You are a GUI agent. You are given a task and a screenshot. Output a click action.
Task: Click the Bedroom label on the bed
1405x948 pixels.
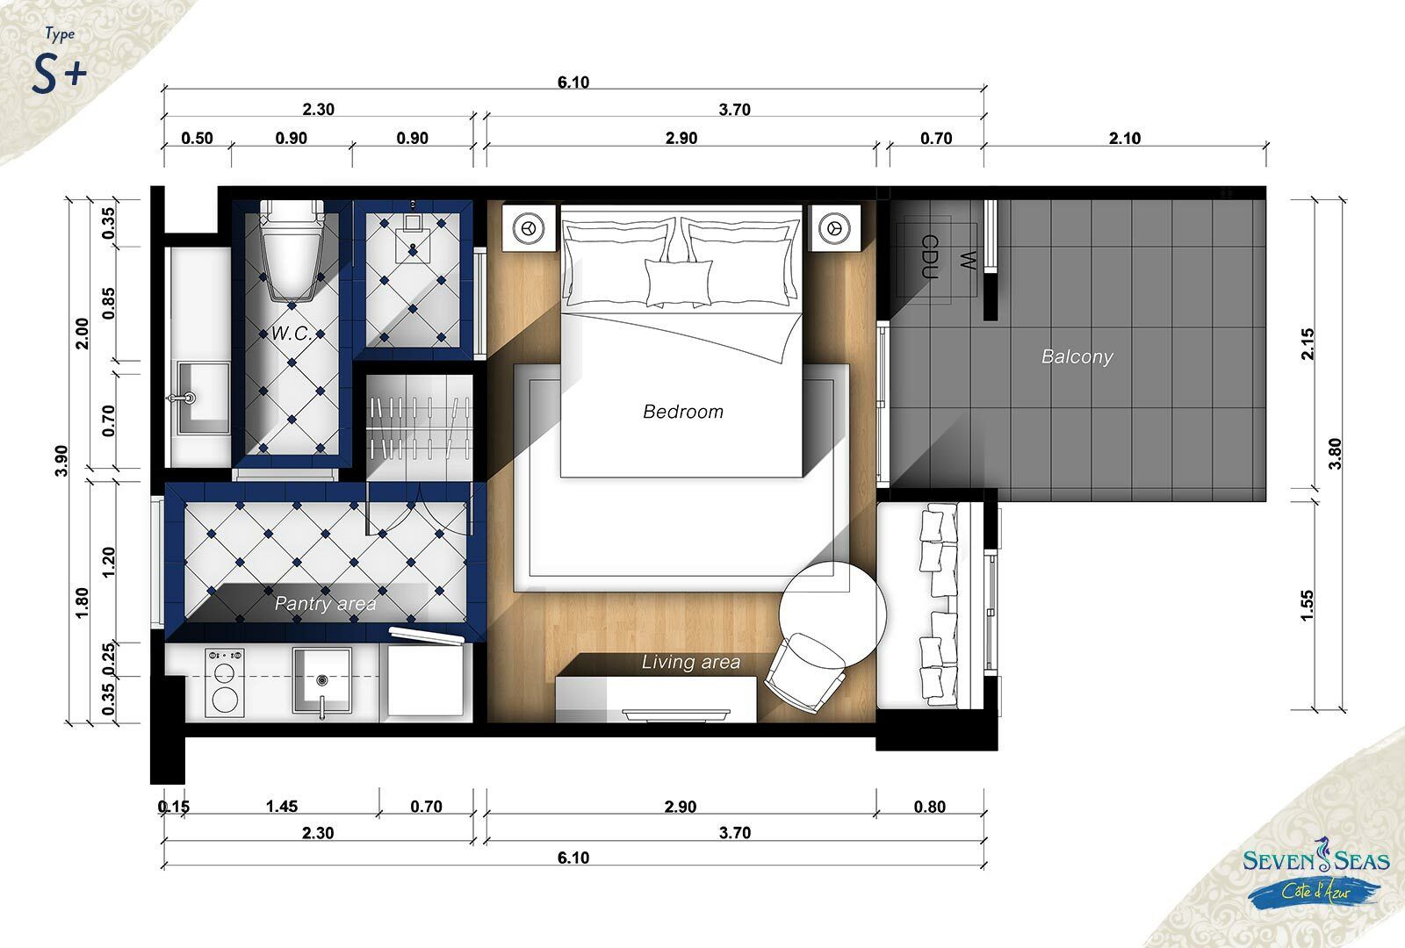(683, 412)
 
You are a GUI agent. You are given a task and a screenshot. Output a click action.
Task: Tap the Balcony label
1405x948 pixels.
(1077, 356)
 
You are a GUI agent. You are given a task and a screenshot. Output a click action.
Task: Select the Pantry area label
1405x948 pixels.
(326, 603)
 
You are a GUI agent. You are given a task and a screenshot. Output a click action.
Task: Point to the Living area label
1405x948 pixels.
(690, 662)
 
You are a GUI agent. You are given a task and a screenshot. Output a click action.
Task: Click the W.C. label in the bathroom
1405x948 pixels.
(292, 333)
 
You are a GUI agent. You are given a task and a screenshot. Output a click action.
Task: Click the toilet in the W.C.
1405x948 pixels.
(292, 250)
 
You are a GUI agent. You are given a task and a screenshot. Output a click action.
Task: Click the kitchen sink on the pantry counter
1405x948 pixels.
(321, 680)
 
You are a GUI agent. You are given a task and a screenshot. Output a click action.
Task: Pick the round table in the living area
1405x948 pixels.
(832, 614)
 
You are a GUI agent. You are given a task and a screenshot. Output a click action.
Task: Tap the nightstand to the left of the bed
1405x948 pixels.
(529, 228)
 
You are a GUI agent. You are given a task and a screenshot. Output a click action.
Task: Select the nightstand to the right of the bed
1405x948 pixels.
(834, 228)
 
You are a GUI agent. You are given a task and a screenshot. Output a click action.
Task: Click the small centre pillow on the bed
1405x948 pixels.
(679, 284)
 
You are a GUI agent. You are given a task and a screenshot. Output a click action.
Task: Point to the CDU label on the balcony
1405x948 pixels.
(930, 255)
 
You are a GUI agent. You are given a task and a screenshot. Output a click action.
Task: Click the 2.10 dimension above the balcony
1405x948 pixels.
(1125, 138)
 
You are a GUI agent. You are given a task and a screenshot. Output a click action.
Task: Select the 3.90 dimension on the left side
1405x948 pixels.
(61, 461)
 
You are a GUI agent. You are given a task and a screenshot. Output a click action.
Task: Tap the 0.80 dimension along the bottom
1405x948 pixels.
(930, 807)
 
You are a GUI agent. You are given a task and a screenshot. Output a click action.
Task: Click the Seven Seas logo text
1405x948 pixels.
(1316, 860)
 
